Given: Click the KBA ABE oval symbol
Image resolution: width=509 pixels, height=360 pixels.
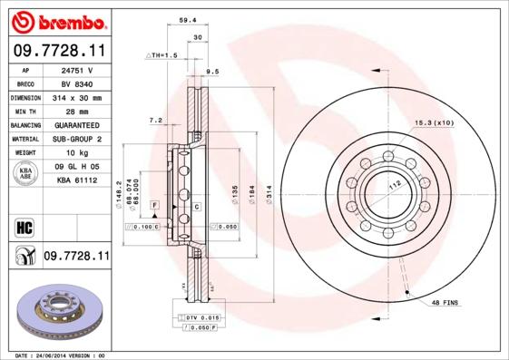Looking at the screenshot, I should (25, 174).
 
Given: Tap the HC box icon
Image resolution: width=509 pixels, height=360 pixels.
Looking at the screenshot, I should (25, 226).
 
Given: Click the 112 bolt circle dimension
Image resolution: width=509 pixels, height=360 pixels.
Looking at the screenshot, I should (394, 184).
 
